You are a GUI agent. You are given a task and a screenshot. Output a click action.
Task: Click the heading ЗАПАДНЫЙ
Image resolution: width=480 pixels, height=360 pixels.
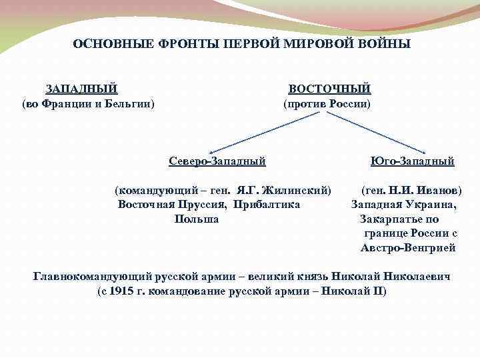pos(81,89)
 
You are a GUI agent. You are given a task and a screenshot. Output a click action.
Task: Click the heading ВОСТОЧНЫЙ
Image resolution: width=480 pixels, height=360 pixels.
pos(329,89)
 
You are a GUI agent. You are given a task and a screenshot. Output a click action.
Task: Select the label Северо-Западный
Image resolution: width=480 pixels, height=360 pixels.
pos(217,161)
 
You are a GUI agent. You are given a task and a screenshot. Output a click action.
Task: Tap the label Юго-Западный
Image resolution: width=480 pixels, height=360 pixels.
pos(412,161)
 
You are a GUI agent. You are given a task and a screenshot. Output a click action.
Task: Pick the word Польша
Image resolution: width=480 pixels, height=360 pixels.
pos(196,219)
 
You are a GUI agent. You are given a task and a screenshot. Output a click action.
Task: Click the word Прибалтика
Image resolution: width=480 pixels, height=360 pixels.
pos(267,204)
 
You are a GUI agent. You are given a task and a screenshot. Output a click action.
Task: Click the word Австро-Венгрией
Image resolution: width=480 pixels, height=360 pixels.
pos(408,247)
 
